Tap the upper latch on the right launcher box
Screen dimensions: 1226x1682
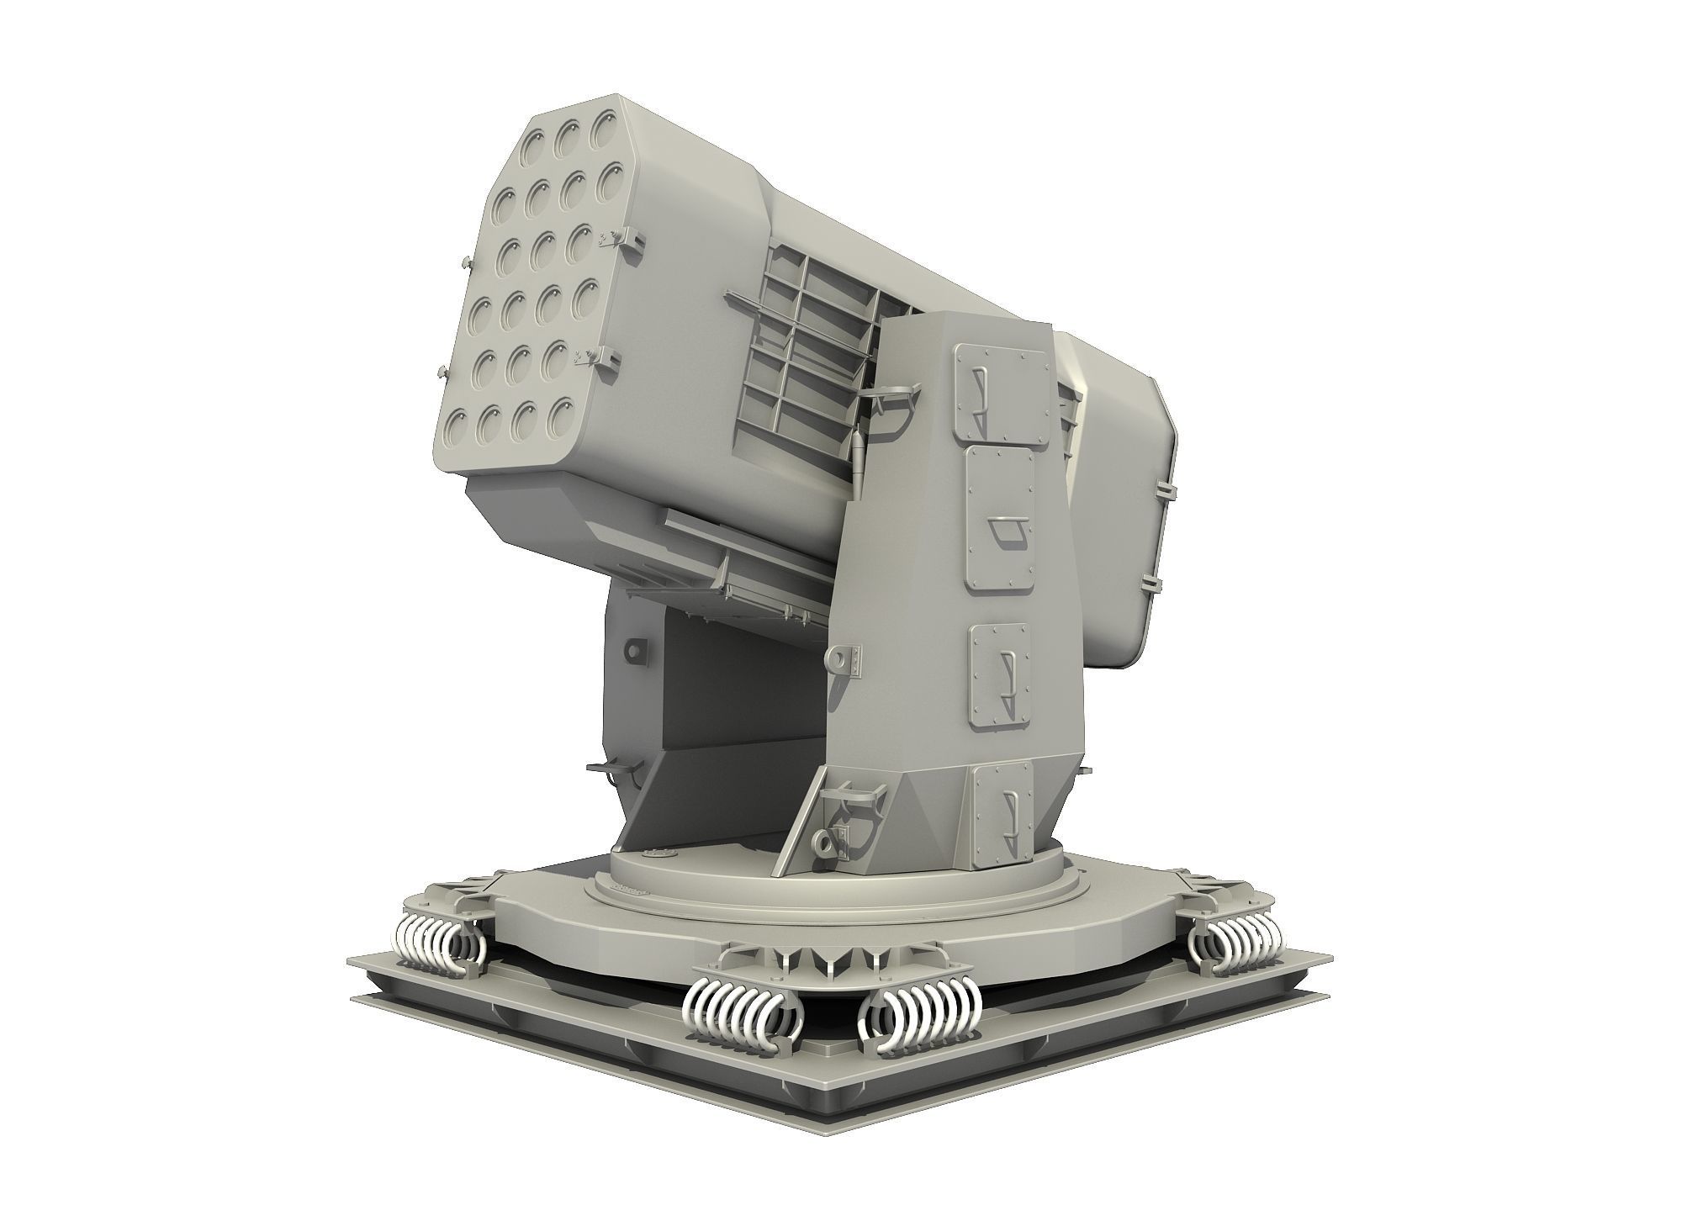point(1163,489)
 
